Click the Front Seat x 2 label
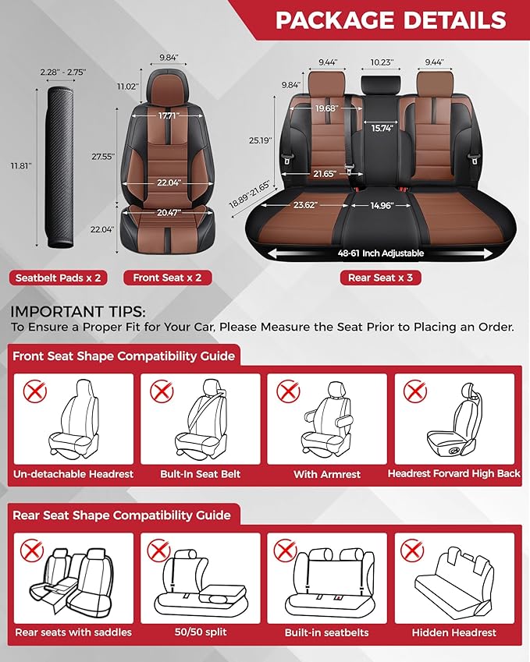pos(167,278)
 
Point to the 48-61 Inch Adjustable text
pos(380,253)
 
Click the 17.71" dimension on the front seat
pos(168,115)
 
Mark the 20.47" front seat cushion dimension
pos(167,211)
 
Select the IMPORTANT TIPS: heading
pos(73,312)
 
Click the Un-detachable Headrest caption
pos(73,473)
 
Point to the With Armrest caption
pos(326,473)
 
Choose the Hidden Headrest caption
pos(454,632)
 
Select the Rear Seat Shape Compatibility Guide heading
pos(122,515)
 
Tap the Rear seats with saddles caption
pos(73,632)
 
